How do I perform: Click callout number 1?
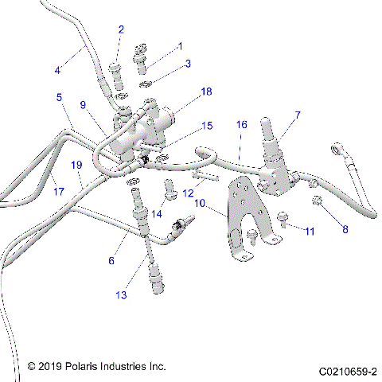180,46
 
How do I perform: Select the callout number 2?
121,29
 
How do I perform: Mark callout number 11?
310,231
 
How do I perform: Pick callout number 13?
121,295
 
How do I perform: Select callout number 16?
242,125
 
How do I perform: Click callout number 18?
207,92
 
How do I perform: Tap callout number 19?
76,165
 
